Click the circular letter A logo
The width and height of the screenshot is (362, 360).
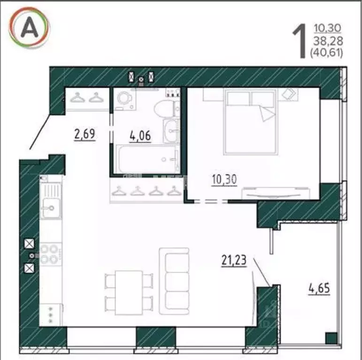click(29, 29)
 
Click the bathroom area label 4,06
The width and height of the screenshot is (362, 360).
click(140, 136)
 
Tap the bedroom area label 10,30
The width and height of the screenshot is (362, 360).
click(224, 179)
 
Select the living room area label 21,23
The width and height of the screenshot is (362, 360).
click(234, 260)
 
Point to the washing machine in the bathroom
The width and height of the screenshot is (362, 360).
click(125, 99)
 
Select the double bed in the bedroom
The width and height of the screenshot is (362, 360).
click(250, 122)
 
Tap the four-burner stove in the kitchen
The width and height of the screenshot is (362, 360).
click(50, 253)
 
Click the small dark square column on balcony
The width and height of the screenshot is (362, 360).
click(331, 338)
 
